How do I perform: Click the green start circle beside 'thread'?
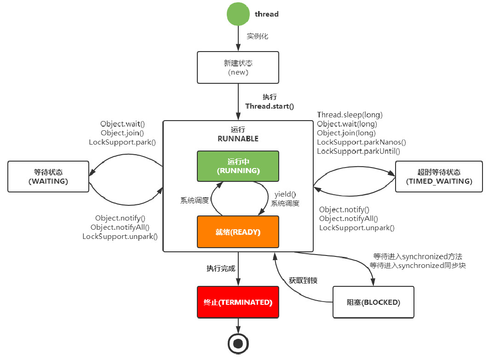tap(238, 14)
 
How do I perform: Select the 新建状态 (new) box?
tap(238, 67)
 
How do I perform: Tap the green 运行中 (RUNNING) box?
tap(238, 166)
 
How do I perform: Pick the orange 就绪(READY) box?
tap(238, 232)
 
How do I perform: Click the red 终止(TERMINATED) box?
tap(238, 302)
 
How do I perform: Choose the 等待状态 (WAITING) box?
tap(48, 176)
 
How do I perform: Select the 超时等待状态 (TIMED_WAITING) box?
tap(439, 176)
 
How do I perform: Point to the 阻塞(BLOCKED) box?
tap(373, 302)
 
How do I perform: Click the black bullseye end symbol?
tap(238, 343)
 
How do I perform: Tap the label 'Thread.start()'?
tap(270, 106)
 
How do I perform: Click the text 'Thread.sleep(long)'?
tap(350, 115)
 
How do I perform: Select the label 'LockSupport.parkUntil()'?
tap(359, 151)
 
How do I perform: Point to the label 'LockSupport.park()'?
tap(122, 142)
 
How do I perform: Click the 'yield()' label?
tap(285, 194)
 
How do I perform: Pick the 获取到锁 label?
tap(303, 280)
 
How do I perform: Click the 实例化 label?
tap(258, 36)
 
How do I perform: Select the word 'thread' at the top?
tap(267, 14)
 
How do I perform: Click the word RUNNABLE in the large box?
tap(238, 139)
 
